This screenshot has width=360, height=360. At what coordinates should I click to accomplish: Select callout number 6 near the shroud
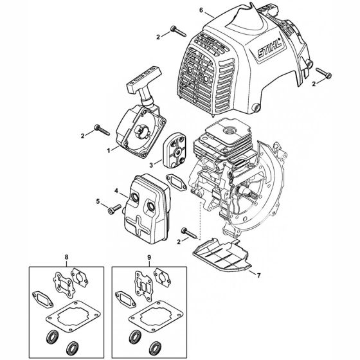[201, 10]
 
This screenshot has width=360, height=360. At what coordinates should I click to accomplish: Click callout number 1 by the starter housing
[109, 150]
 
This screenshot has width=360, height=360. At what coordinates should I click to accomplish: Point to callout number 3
[151, 165]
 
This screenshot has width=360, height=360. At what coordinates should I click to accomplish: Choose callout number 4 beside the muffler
[116, 191]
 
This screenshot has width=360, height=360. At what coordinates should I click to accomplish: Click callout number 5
[98, 201]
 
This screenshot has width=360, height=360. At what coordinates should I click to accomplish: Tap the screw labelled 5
[114, 209]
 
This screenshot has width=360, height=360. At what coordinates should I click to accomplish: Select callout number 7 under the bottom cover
[258, 275]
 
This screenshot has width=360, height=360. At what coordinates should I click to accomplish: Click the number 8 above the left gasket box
[67, 257]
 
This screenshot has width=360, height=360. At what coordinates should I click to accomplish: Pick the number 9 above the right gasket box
[149, 257]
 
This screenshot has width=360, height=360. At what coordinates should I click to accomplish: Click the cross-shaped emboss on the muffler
[138, 224]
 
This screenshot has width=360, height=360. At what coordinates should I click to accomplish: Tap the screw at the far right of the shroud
[324, 73]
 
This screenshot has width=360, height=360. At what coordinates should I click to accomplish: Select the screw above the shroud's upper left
[178, 32]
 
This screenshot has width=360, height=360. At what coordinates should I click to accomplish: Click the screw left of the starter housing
[102, 130]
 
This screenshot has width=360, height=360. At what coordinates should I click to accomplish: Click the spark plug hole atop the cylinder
[229, 130]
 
